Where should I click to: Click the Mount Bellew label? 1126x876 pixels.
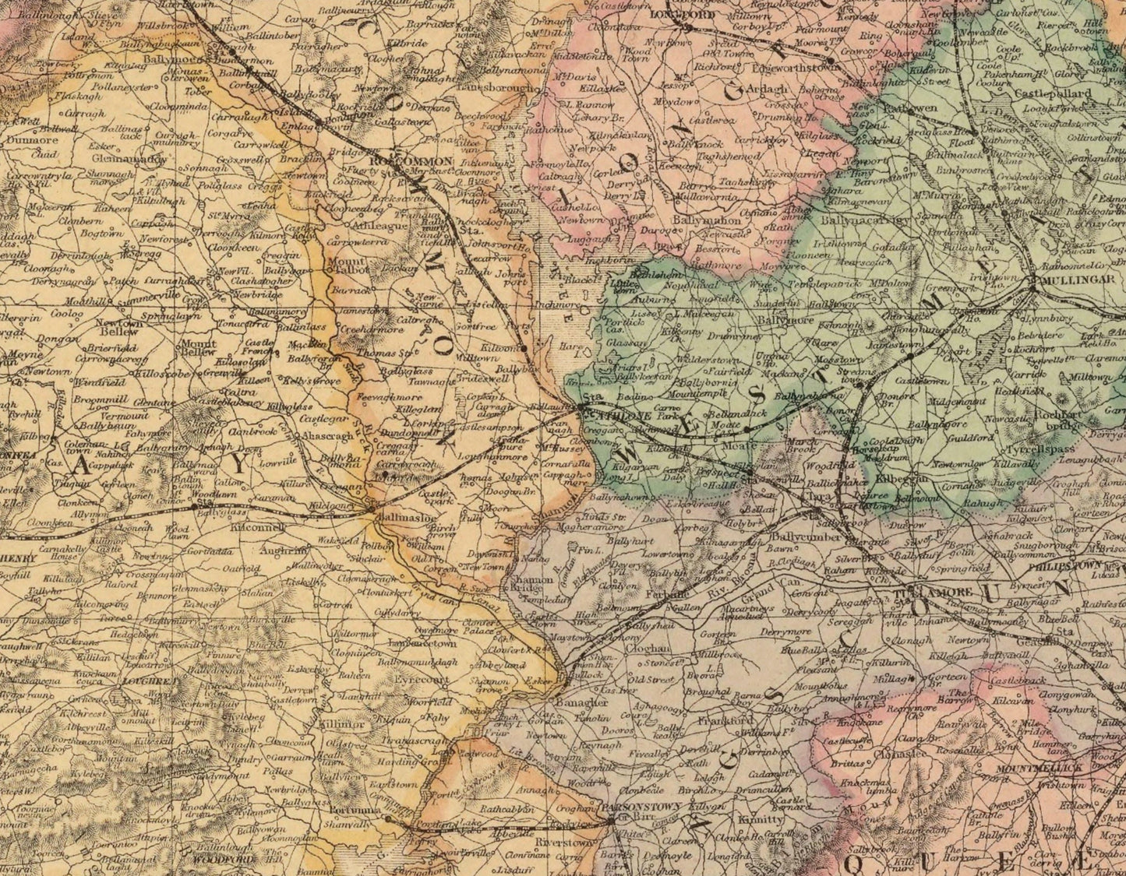pyautogui.click(x=196, y=347)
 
